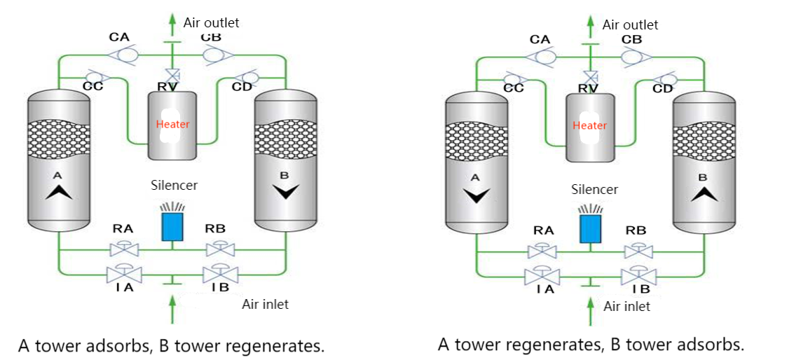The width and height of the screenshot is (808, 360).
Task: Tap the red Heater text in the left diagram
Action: (172, 124)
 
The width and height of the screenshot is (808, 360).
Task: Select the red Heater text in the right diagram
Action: (589, 125)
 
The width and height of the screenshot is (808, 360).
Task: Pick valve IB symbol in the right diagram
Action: (638, 275)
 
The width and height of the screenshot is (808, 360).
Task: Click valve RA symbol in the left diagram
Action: (124, 249)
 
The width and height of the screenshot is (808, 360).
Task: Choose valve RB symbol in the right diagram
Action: (638, 251)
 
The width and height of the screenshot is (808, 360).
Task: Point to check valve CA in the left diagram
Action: (128, 53)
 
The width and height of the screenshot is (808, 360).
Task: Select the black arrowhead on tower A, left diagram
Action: (59, 191)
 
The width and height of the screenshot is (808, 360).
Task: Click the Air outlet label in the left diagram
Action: (211, 22)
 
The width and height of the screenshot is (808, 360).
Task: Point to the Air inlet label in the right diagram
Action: (626, 306)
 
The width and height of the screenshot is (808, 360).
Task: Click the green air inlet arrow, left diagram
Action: (172, 308)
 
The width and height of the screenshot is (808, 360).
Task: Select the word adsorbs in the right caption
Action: (709, 345)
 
